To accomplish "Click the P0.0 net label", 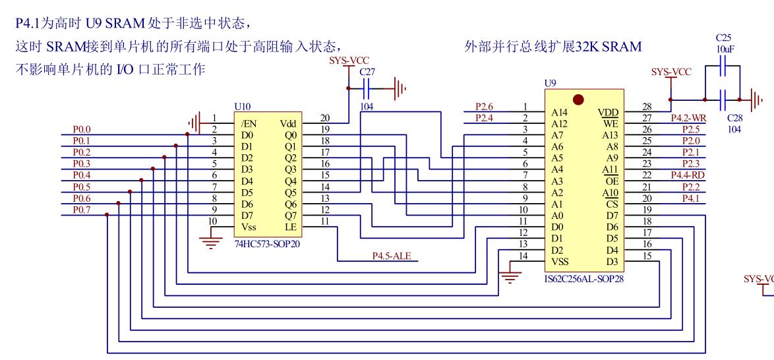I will tap(82, 129).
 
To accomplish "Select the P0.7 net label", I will tap(82, 210).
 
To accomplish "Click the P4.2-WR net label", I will tap(688, 118).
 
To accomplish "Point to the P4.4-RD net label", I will tap(688, 175).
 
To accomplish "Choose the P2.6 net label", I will tap(485, 106).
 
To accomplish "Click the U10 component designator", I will tap(242, 105).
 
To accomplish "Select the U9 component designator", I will tap(549, 84).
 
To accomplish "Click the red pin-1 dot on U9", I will tap(578, 100).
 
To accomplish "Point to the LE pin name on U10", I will tap(291, 226).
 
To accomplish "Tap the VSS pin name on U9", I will tap(560, 261).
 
